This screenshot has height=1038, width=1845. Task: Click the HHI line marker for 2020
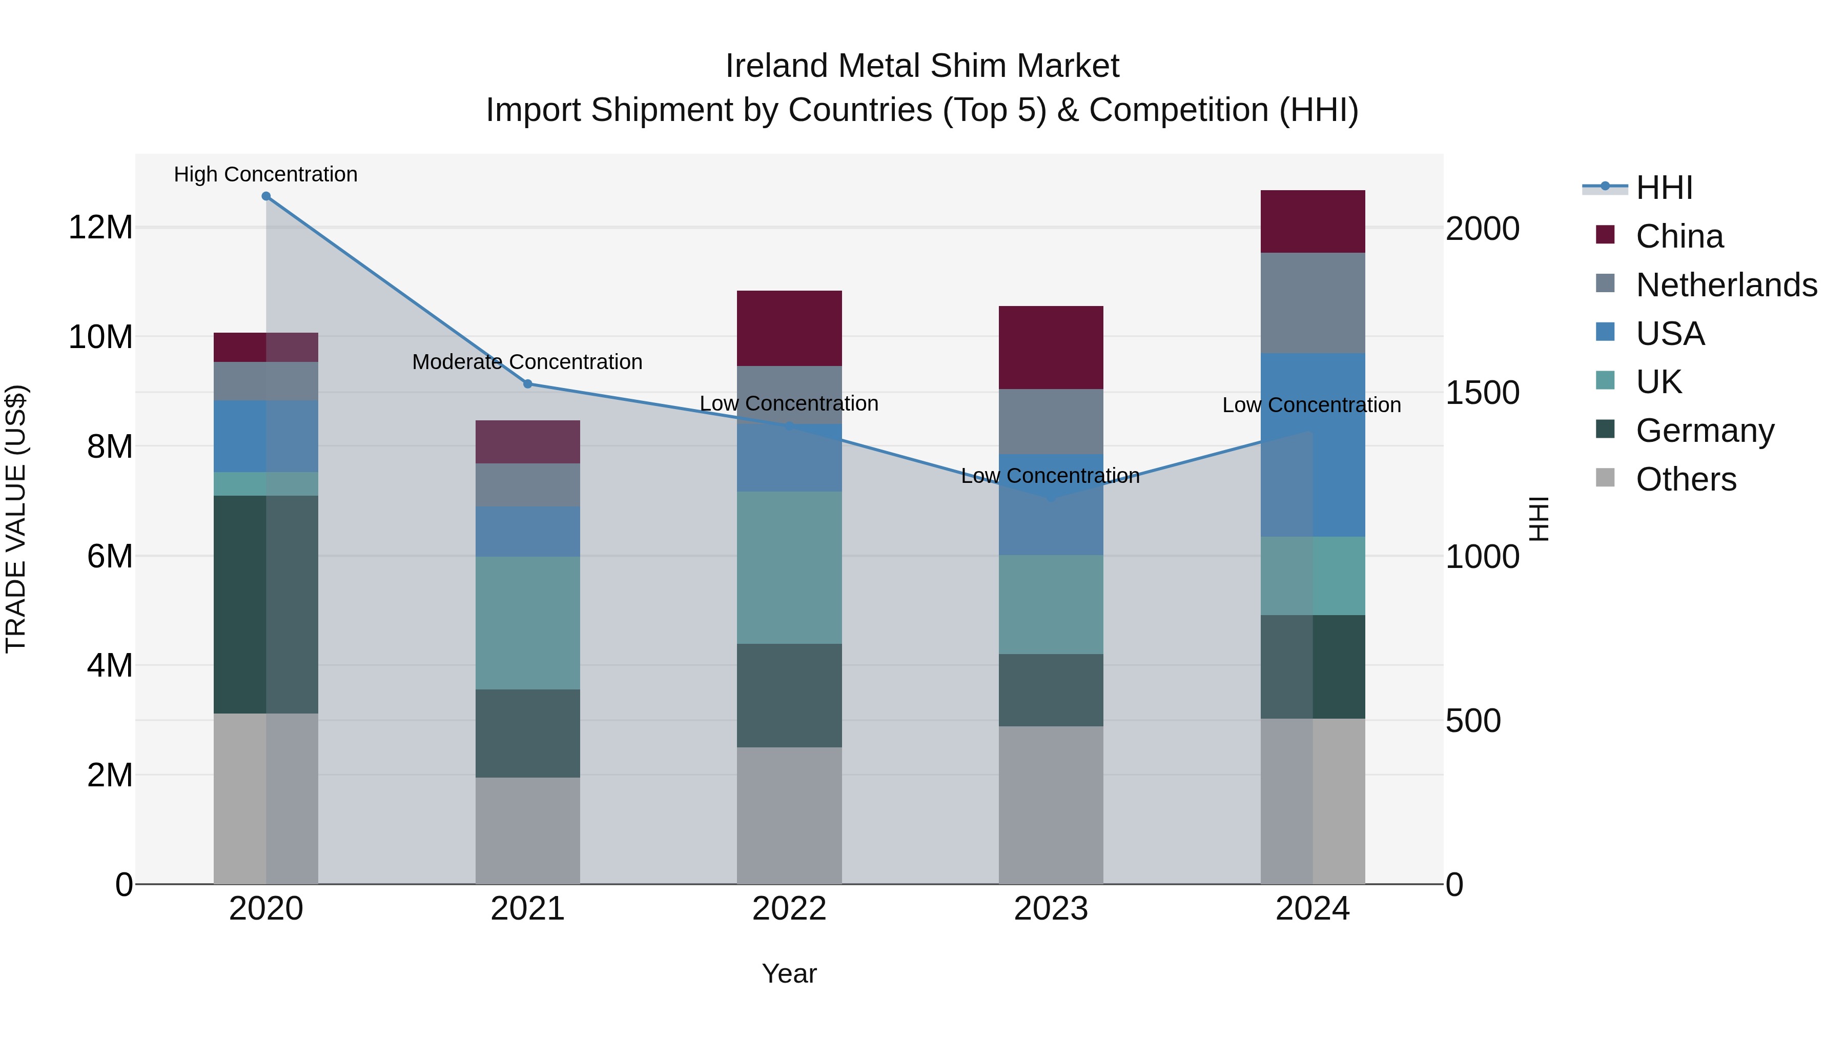point(265,196)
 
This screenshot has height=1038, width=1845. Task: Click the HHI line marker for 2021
point(528,384)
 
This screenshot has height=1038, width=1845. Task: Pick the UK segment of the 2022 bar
point(789,567)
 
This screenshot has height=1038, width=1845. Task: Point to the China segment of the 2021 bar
point(528,441)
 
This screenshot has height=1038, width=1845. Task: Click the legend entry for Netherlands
point(1726,285)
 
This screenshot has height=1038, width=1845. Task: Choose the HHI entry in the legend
point(1664,188)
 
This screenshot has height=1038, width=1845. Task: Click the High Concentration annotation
point(265,174)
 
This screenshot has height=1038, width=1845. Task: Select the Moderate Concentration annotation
point(527,362)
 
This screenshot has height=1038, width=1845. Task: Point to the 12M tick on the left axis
point(100,228)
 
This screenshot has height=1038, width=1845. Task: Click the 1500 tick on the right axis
point(1482,393)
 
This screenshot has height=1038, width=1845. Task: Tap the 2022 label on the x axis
point(789,909)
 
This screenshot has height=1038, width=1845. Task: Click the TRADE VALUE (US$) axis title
point(16,519)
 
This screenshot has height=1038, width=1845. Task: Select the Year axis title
point(789,973)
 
